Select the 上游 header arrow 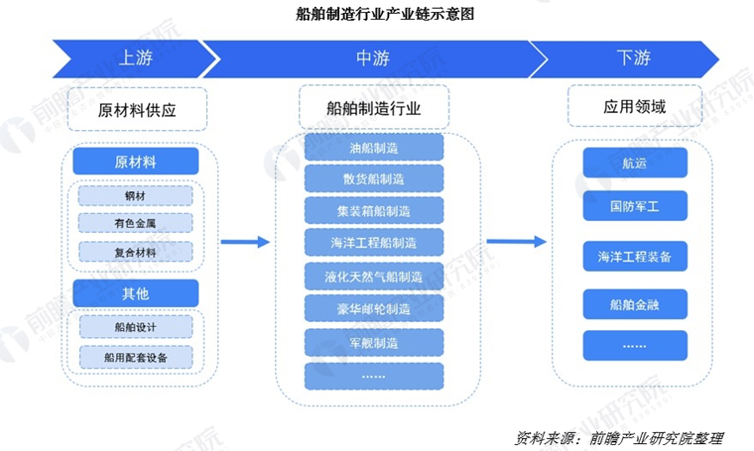(x=129, y=58)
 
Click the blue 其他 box (x=136, y=292)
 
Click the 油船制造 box (x=374, y=148)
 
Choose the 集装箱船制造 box (x=374, y=211)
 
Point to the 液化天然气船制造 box (x=374, y=276)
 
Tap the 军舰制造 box (x=374, y=342)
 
